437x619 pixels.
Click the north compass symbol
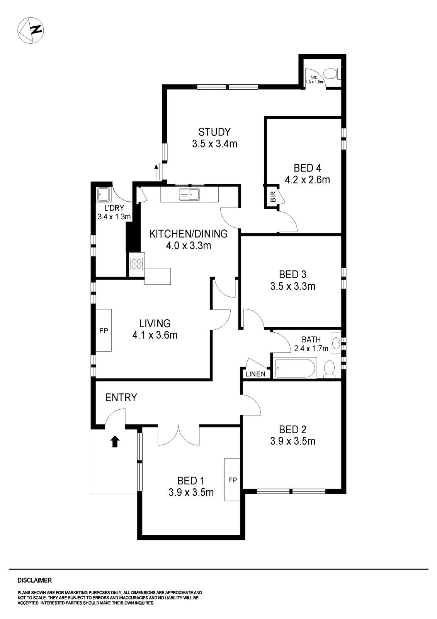pyautogui.click(x=31, y=30)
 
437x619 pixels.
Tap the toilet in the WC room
pyautogui.click(x=332, y=73)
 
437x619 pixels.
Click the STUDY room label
pyautogui.click(x=214, y=132)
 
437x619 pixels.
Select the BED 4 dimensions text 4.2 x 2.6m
pyautogui.click(x=307, y=180)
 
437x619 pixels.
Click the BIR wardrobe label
pyautogui.click(x=273, y=198)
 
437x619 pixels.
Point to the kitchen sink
pyautogui.click(x=189, y=194)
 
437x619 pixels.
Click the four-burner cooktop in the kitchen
pyautogui.click(x=137, y=264)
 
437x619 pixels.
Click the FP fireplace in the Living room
pyautogui.click(x=104, y=330)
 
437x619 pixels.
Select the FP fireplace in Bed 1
pyautogui.click(x=232, y=480)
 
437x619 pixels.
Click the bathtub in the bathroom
pyautogui.click(x=295, y=368)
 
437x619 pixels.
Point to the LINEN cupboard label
pyautogui.click(x=255, y=374)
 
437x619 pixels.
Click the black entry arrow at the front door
pyautogui.click(x=115, y=441)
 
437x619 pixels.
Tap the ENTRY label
pyautogui.click(x=121, y=397)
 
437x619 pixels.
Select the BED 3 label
pyautogui.click(x=292, y=274)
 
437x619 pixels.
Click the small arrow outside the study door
pyautogui.click(x=156, y=170)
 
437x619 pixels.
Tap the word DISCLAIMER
pyautogui.click(x=34, y=580)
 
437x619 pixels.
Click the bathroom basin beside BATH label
pyautogui.click(x=337, y=342)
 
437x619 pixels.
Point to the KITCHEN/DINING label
pyautogui.click(x=188, y=234)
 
